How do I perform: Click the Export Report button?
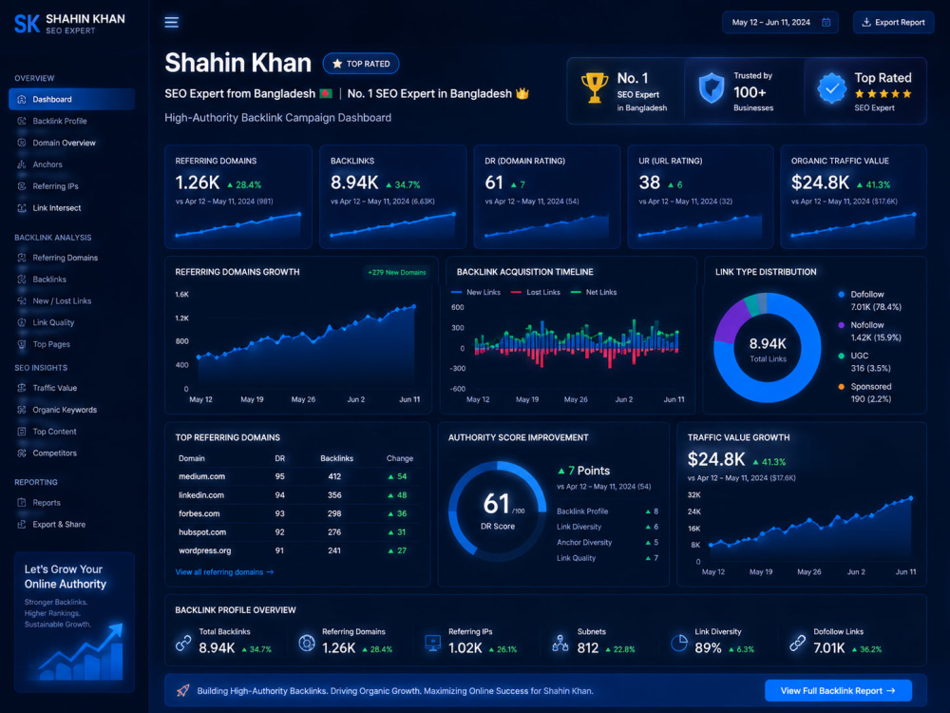click(x=894, y=23)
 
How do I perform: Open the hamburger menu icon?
click(x=171, y=23)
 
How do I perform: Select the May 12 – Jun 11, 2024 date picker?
click(x=780, y=23)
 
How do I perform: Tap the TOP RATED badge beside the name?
click(x=361, y=64)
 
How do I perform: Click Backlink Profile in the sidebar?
click(x=59, y=122)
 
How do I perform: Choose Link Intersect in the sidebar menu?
click(x=56, y=208)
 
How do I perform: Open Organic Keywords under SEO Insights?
click(x=65, y=410)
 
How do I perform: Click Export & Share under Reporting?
click(x=59, y=525)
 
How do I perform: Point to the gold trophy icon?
click(x=595, y=87)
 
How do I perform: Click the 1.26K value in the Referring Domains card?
click(x=197, y=183)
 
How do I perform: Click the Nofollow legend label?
click(x=867, y=325)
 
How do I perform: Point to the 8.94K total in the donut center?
click(x=768, y=344)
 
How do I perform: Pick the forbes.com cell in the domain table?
click(x=199, y=513)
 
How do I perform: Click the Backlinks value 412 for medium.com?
click(x=334, y=476)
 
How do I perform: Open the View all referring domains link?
click(x=224, y=572)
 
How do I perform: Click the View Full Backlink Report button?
click(x=838, y=690)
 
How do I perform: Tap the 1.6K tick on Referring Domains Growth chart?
click(x=181, y=295)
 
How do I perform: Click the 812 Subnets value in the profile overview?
click(x=588, y=648)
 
